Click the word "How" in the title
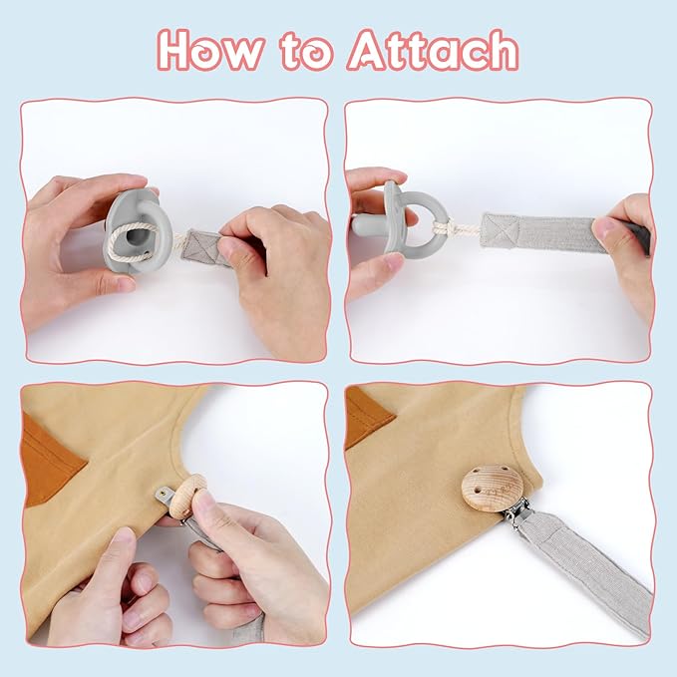211,50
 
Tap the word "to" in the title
307,52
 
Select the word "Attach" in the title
433,50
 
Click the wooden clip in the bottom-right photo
493,489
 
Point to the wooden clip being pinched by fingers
186,495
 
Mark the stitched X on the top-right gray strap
500,230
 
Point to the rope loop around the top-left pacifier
131,241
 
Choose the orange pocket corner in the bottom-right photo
368,417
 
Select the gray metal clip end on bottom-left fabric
166,494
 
